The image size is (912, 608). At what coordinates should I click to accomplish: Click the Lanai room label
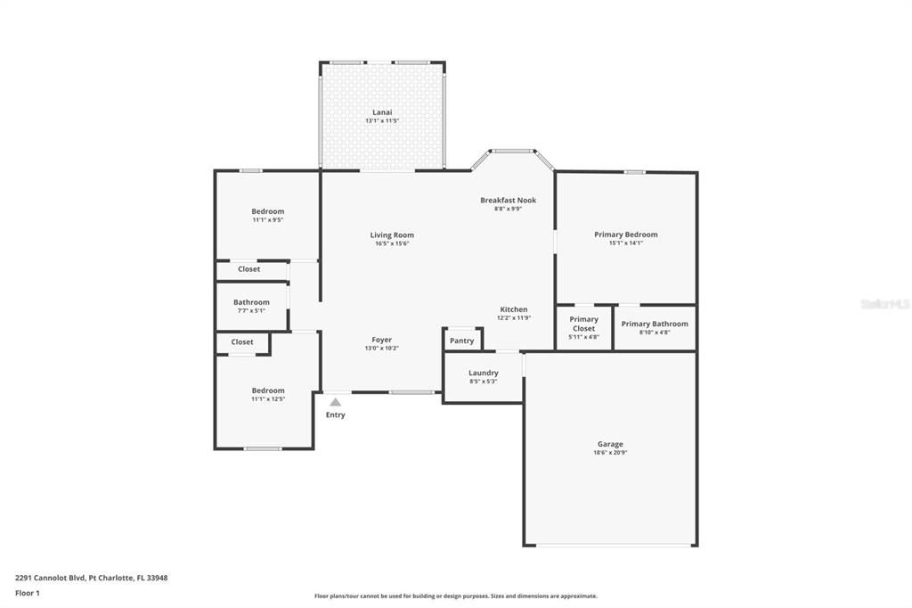[x=382, y=112]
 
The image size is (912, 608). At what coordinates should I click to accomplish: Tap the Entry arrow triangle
[x=335, y=403]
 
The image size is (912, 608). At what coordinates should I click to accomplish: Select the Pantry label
[x=461, y=341]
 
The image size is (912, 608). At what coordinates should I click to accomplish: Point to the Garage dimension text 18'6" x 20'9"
[x=610, y=453]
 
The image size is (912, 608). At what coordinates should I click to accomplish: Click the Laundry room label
[x=483, y=373]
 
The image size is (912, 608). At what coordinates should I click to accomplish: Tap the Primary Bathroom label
[x=655, y=324]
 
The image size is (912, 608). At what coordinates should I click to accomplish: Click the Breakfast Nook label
[x=508, y=201]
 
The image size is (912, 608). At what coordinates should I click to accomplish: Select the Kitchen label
[x=513, y=309]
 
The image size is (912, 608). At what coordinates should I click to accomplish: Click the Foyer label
[x=381, y=340]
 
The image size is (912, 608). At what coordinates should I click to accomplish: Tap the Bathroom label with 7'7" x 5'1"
[x=251, y=302]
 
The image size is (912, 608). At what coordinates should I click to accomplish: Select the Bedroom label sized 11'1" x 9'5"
[x=267, y=211]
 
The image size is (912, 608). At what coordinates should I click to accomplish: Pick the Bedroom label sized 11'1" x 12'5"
[x=267, y=390]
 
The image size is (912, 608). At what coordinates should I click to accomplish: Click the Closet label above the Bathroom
[x=248, y=269]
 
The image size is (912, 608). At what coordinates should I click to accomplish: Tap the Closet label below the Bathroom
[x=242, y=342]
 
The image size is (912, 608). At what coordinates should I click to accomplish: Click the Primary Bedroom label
[x=625, y=234]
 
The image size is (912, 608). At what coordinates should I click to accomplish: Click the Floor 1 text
[x=28, y=593]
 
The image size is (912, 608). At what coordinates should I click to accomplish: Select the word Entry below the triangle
[x=335, y=415]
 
